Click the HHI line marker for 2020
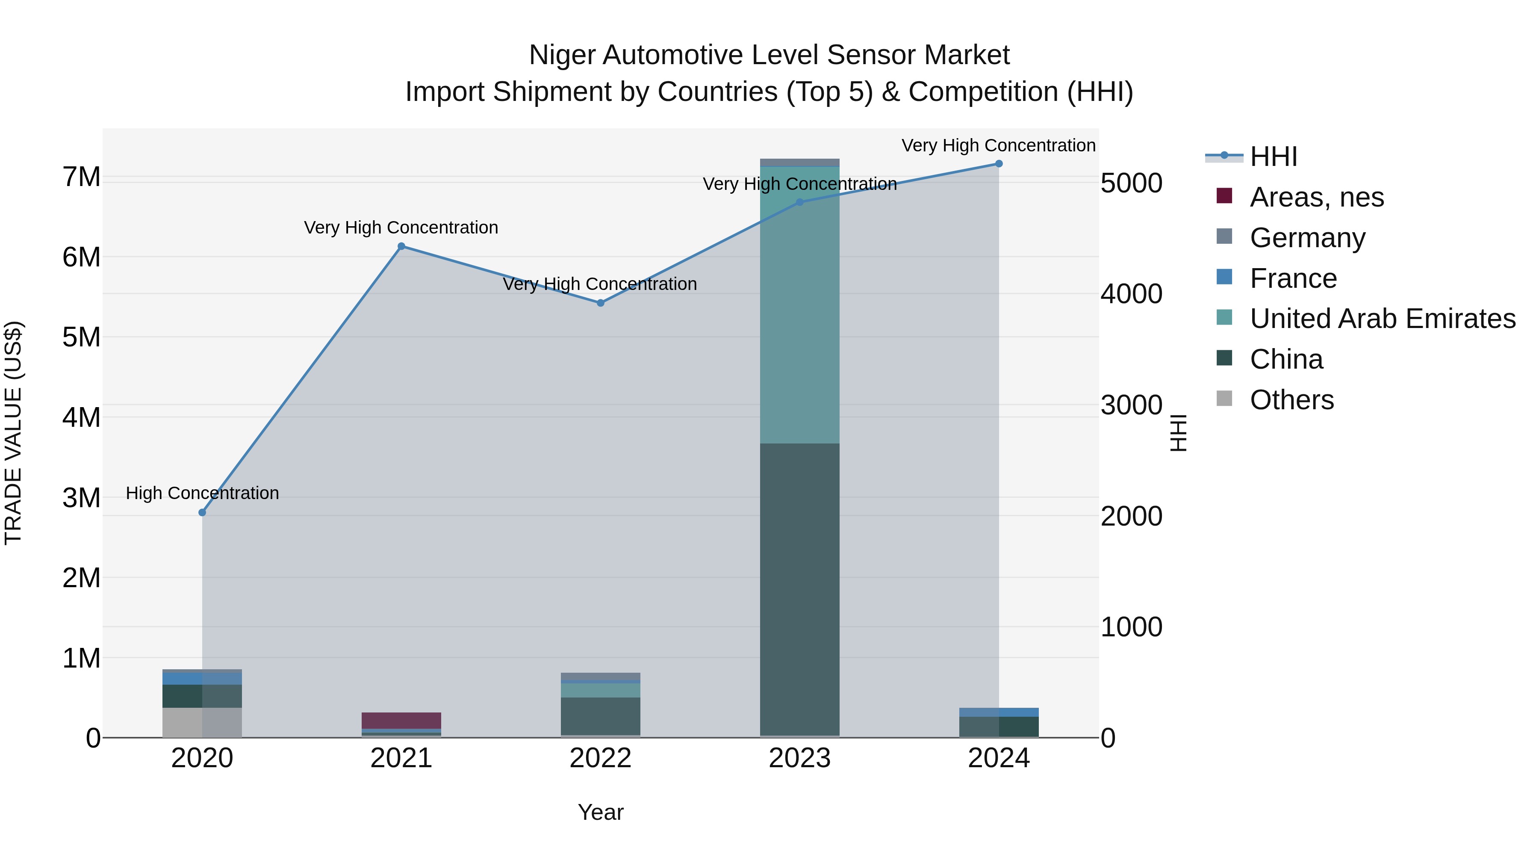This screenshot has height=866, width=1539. point(202,512)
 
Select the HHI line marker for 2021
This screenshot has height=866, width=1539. point(401,246)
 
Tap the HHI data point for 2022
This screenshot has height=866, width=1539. point(601,303)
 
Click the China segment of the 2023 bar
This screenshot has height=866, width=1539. point(799,589)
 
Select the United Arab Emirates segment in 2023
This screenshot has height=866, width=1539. point(799,305)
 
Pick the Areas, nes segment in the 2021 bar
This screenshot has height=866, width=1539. point(401,720)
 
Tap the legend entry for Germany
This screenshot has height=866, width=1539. point(1307,238)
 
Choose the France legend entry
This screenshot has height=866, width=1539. point(1293,278)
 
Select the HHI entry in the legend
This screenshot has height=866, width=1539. point(1273,157)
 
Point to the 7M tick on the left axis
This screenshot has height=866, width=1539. point(81,177)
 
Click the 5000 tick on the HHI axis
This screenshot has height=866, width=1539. point(1131,183)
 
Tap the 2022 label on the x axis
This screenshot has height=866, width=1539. point(601,758)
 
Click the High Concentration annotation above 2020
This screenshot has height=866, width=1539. point(202,493)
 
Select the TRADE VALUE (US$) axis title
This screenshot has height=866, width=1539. point(13,433)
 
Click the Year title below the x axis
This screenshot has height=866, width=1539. point(601,812)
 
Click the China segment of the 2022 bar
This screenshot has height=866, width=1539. point(601,715)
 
